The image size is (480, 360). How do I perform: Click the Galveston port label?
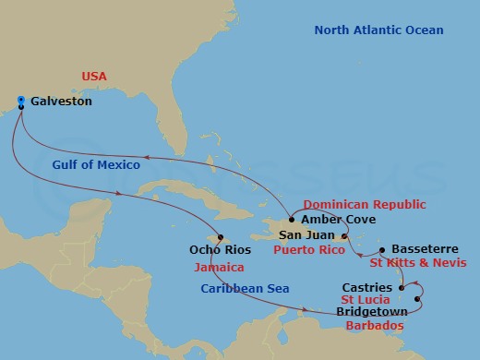click(x=61, y=102)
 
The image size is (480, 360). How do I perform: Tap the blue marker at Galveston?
click(x=20, y=101)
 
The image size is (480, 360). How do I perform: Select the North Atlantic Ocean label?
click(x=378, y=30)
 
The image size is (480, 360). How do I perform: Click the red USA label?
click(x=95, y=76)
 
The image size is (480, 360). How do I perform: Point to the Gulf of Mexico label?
click(x=90, y=165)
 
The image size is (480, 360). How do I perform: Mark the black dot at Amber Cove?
click(x=292, y=220)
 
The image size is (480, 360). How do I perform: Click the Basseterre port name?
click(x=425, y=249)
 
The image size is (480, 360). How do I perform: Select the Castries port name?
click(x=366, y=287)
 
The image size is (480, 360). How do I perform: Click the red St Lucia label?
click(x=366, y=300)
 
